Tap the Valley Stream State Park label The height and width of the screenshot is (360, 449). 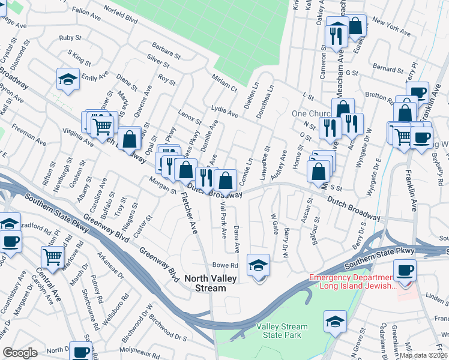point(282,331)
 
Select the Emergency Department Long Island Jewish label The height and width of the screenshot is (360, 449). point(352,281)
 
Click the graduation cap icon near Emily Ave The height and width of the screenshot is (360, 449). point(68,79)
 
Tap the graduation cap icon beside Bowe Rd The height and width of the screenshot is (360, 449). point(259,265)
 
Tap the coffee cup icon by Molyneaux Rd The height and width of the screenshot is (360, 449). point(81,352)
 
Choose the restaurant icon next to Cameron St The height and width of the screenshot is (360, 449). point(337,35)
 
